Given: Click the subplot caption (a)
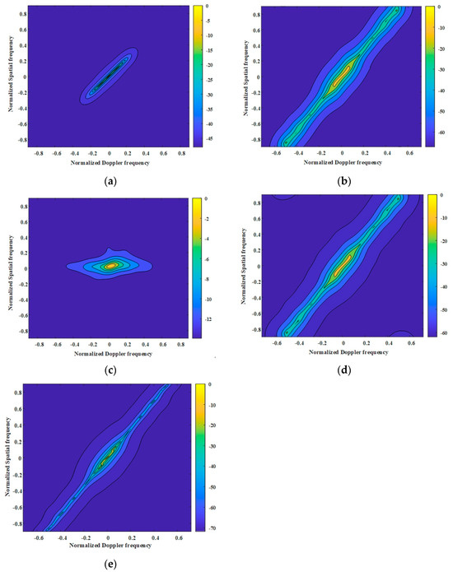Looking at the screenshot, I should pyautogui.click(x=110, y=176).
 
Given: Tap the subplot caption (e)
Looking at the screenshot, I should pyautogui.click(x=110, y=562).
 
